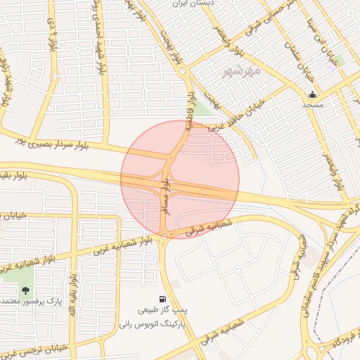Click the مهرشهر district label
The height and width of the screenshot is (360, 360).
[x=242, y=71]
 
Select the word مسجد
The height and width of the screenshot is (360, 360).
[x=312, y=105]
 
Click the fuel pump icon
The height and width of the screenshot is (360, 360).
[x=164, y=300]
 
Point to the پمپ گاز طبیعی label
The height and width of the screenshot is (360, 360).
[x=164, y=311]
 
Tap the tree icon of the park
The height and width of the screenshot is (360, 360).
[x=26, y=290]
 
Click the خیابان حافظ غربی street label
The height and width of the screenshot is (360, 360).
[x=232, y=117]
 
